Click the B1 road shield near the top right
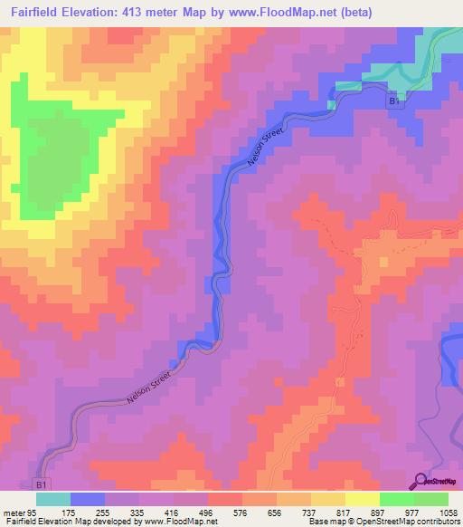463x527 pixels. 393,102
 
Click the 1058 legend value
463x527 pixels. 447,512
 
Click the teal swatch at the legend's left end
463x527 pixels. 53,499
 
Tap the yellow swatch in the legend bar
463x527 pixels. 362,499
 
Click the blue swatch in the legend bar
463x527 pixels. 88,499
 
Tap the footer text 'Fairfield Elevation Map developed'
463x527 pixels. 54,522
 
